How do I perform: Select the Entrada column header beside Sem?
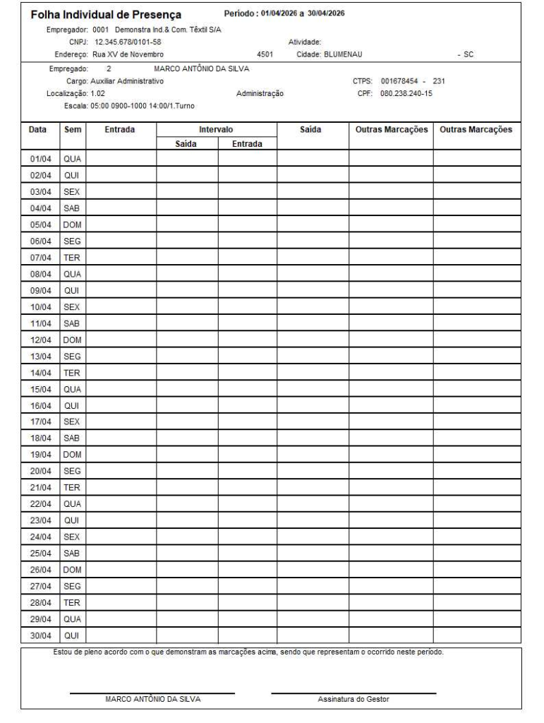coord(121,130)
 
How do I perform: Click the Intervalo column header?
coord(217,130)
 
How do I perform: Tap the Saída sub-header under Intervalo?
coord(187,143)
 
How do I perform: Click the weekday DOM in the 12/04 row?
coord(71,340)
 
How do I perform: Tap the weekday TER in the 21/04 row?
coord(71,486)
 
